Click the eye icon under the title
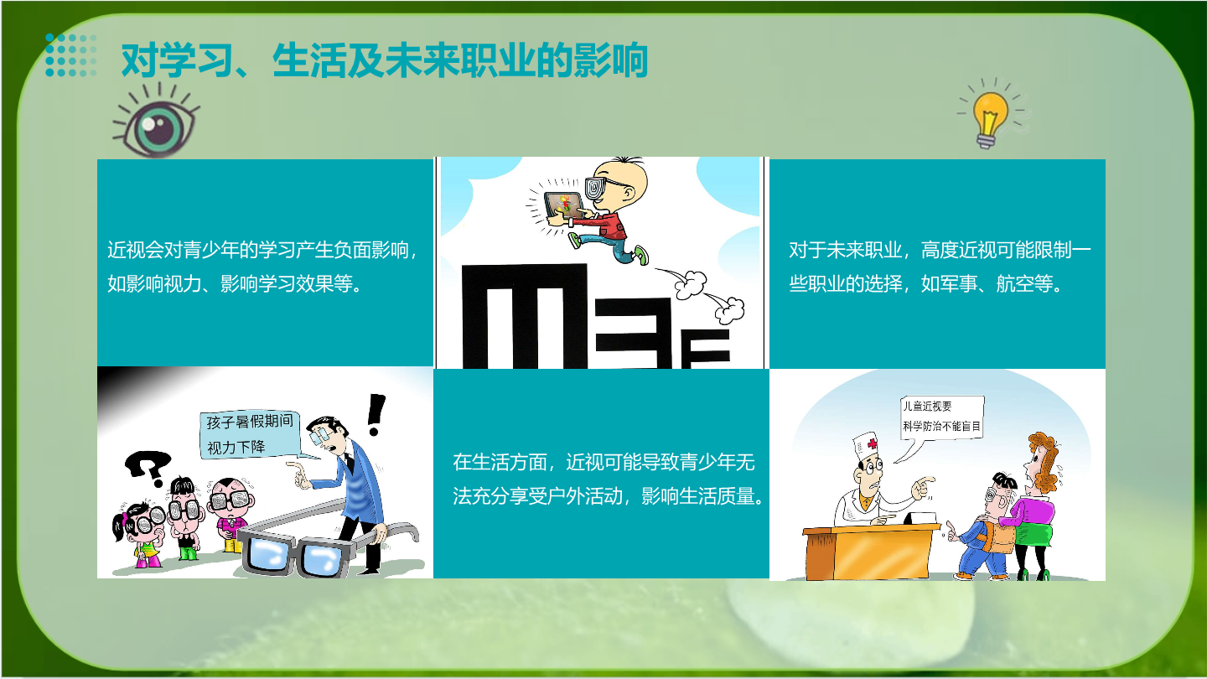click(x=156, y=122)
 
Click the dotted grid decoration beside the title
click(x=71, y=55)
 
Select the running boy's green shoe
click(x=640, y=255)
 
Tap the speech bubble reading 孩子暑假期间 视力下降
click(x=251, y=435)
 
